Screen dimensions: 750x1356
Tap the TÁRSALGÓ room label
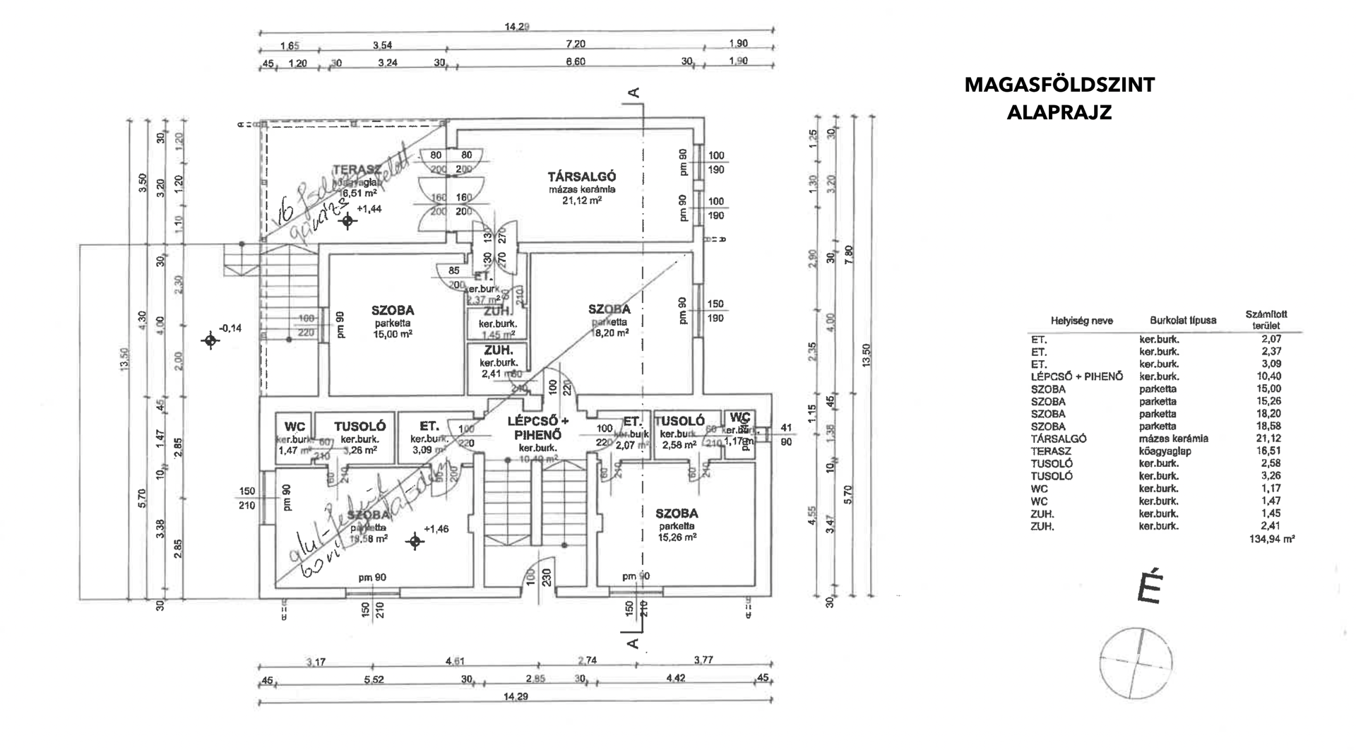click(583, 177)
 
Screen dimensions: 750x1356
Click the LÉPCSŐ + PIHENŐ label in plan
click(538, 428)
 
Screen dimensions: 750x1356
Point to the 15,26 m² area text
click(677, 537)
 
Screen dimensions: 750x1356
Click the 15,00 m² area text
click(393, 335)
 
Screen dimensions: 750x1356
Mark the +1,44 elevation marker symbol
click(347, 221)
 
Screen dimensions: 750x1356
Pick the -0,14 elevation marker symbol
click(210, 341)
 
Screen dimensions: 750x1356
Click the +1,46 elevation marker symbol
click(415, 542)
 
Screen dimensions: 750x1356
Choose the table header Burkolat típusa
click(1183, 321)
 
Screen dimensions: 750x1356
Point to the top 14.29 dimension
click(516, 28)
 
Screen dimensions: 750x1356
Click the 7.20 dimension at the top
click(575, 44)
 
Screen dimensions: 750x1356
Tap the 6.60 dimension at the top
click(576, 61)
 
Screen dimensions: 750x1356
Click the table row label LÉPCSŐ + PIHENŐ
click(1076, 376)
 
